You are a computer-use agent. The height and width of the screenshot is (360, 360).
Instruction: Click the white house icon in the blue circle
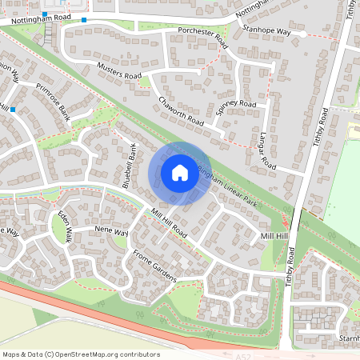(180, 172)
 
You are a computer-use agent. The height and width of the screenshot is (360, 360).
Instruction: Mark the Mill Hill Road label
(168, 223)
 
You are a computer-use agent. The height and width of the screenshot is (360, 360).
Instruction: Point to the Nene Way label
(111, 231)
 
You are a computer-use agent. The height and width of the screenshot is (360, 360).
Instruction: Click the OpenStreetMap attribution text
(81, 354)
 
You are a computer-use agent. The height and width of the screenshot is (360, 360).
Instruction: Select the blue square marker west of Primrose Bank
(13, 108)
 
